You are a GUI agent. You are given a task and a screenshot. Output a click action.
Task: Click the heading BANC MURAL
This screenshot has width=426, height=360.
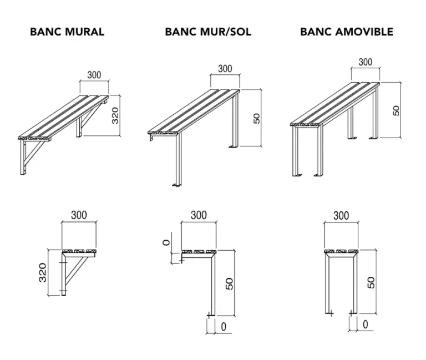point(67,32)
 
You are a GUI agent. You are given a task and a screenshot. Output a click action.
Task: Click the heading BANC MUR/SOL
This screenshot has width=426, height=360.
point(208,32)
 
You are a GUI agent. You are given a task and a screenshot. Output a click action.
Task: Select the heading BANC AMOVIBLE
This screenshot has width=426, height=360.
point(347,32)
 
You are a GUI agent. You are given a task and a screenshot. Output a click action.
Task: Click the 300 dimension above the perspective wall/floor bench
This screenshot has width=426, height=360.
point(225,69)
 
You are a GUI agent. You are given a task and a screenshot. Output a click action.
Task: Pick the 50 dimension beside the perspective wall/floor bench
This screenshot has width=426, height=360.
point(257,118)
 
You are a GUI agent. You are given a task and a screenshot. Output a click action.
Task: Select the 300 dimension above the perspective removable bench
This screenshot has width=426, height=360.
point(365,62)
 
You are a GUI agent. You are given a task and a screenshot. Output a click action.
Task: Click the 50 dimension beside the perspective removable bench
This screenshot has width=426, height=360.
point(396,110)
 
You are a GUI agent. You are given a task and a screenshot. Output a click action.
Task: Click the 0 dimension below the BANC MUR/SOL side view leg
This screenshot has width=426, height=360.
point(224,327)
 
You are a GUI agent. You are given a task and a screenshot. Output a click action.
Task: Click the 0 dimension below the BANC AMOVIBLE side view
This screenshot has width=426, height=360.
point(366,323)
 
